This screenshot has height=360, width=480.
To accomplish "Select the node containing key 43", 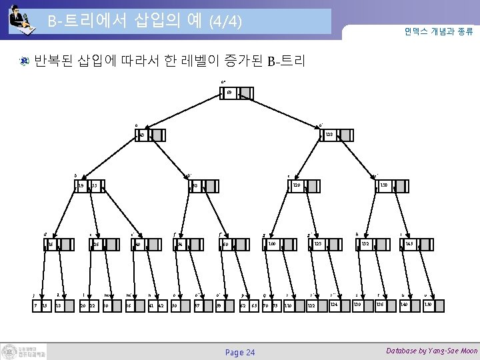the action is click(143, 135).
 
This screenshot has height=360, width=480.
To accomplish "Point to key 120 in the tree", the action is click(297, 185).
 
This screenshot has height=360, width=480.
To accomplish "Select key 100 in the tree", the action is click(272, 245).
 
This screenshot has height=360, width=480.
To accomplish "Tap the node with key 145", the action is click(410, 245).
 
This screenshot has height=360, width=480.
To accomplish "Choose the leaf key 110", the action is click(288, 305).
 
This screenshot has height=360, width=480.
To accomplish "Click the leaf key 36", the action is click(129, 305).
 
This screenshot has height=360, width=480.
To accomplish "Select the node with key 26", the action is click(96, 245).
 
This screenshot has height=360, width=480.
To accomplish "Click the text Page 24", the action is click(239, 351).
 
